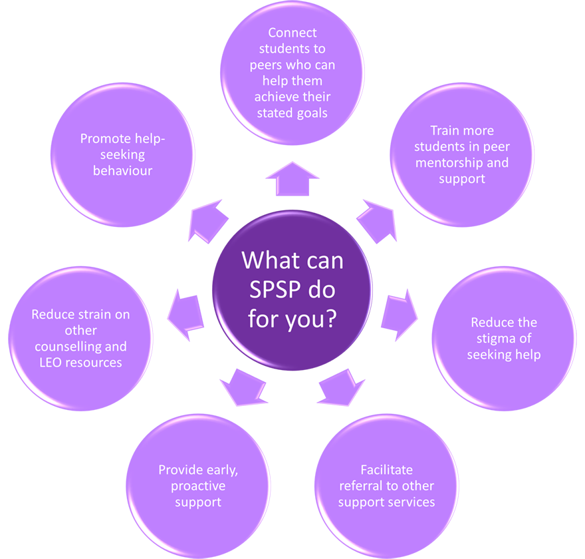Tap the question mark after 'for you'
click(x=329, y=317)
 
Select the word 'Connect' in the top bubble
click(x=292, y=33)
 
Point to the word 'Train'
click(x=444, y=130)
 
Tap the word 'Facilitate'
click(x=386, y=470)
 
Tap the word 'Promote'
click(x=105, y=138)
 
